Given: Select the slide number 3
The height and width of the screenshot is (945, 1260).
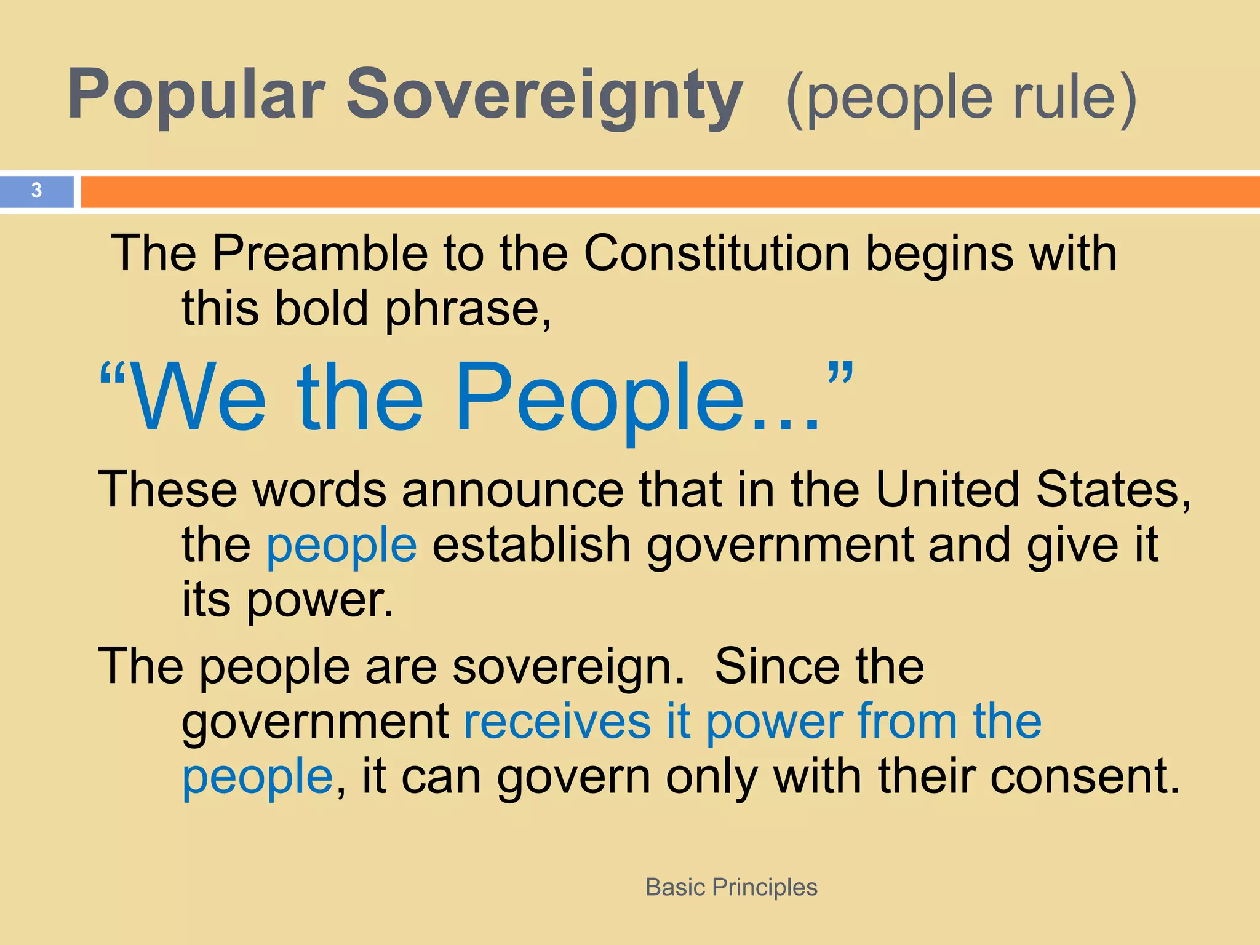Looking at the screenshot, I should click(x=36, y=191).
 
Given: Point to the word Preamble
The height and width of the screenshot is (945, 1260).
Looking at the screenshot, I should click(x=320, y=253).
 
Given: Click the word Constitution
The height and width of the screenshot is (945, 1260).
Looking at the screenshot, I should click(x=717, y=253).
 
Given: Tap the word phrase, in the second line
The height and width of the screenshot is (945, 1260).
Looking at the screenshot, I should click(x=468, y=309).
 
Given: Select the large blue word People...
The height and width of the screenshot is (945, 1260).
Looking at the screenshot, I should click(x=600, y=400).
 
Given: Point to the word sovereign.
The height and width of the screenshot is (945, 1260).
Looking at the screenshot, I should click(x=568, y=667).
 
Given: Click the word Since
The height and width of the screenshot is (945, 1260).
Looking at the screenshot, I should click(x=776, y=666).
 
